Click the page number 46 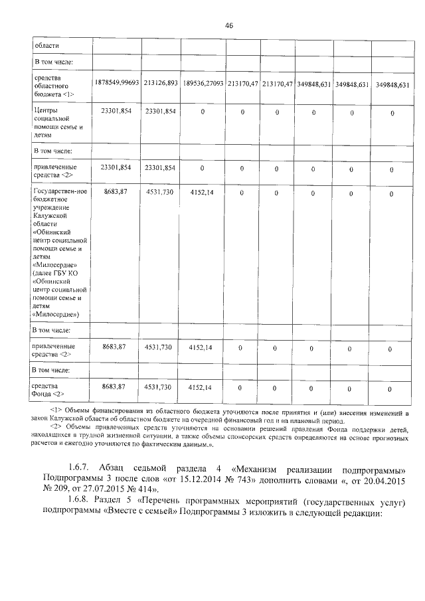[x=228, y=25]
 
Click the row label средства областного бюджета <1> [x=53, y=86]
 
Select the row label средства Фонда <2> [x=49, y=390]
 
